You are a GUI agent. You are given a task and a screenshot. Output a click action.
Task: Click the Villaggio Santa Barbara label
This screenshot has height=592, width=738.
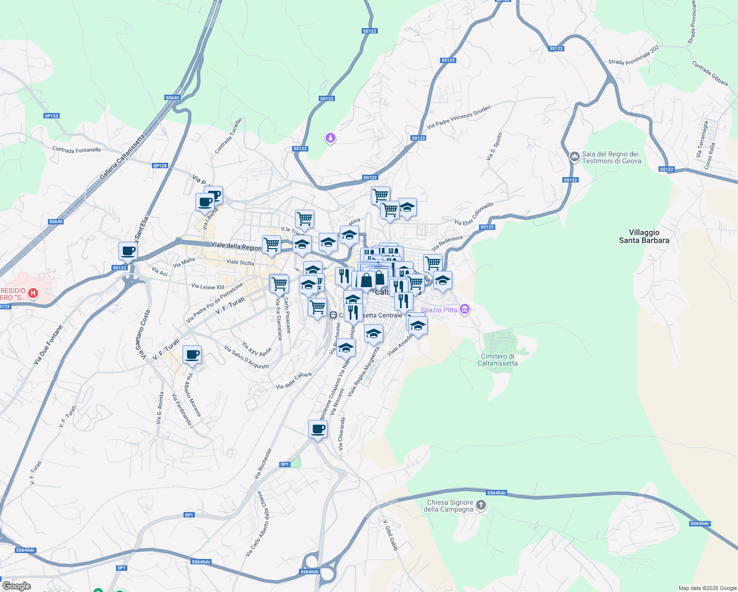click(644, 236)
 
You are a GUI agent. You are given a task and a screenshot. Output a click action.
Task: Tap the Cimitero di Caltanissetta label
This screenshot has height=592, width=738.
click(497, 360)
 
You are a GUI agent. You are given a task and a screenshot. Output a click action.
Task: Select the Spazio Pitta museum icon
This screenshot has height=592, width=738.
click(464, 309)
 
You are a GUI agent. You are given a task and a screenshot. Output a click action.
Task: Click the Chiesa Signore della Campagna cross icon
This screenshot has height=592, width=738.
click(481, 505)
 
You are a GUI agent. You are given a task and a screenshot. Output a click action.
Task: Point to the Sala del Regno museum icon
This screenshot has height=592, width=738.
click(574, 157)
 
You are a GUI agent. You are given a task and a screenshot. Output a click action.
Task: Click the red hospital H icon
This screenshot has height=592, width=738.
click(33, 294)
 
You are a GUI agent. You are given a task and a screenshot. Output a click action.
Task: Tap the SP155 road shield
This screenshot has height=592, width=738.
click(51, 116)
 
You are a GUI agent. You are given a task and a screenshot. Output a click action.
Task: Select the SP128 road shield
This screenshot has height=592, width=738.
click(160, 166)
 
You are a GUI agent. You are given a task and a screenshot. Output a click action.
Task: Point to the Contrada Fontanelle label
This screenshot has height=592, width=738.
click(76, 149)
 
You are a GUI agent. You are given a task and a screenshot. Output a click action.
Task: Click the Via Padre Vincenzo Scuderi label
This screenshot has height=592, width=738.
click(459, 117)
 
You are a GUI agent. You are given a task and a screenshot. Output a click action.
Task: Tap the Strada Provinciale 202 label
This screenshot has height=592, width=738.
click(633, 56)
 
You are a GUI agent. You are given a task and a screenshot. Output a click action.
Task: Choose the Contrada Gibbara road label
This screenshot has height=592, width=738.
click(709, 74)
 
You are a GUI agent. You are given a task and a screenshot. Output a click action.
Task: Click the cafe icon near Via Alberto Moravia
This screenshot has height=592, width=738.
click(192, 354)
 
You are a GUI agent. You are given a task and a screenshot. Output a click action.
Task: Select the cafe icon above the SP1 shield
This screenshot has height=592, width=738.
click(318, 429)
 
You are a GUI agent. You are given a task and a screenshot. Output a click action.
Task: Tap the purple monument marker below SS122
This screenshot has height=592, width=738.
click(330, 138)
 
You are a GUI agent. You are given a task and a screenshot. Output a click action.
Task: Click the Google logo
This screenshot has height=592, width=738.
click(17, 586)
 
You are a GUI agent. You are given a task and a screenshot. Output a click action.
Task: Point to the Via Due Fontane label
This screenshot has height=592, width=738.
click(48, 345)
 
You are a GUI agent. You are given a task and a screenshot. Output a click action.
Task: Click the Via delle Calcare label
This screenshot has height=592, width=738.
click(294, 380)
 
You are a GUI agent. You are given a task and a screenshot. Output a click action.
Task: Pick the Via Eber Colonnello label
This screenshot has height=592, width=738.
click(474, 214)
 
